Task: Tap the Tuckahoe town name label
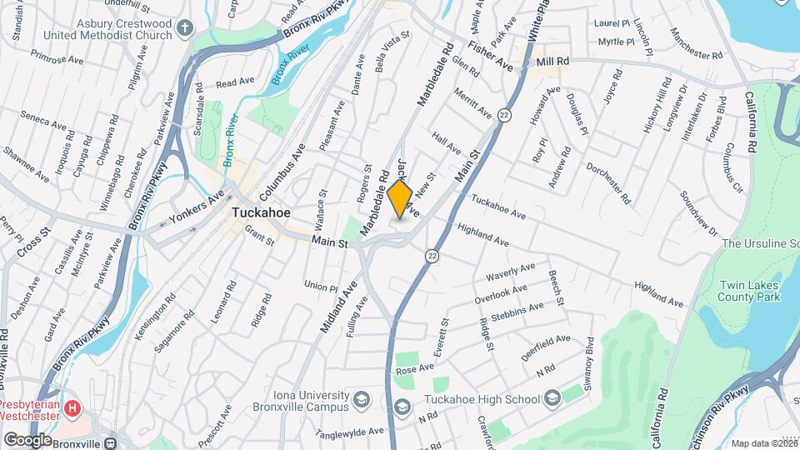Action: tap(261, 212)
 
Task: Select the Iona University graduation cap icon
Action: tap(361, 399)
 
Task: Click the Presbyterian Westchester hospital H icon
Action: tap(74, 408)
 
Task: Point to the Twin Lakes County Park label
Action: tap(749, 290)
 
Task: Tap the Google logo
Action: tap(28, 439)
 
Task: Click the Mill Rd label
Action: tap(552, 62)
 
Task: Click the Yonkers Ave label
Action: tap(197, 207)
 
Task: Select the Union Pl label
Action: tap(320, 285)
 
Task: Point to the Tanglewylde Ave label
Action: tap(349, 432)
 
